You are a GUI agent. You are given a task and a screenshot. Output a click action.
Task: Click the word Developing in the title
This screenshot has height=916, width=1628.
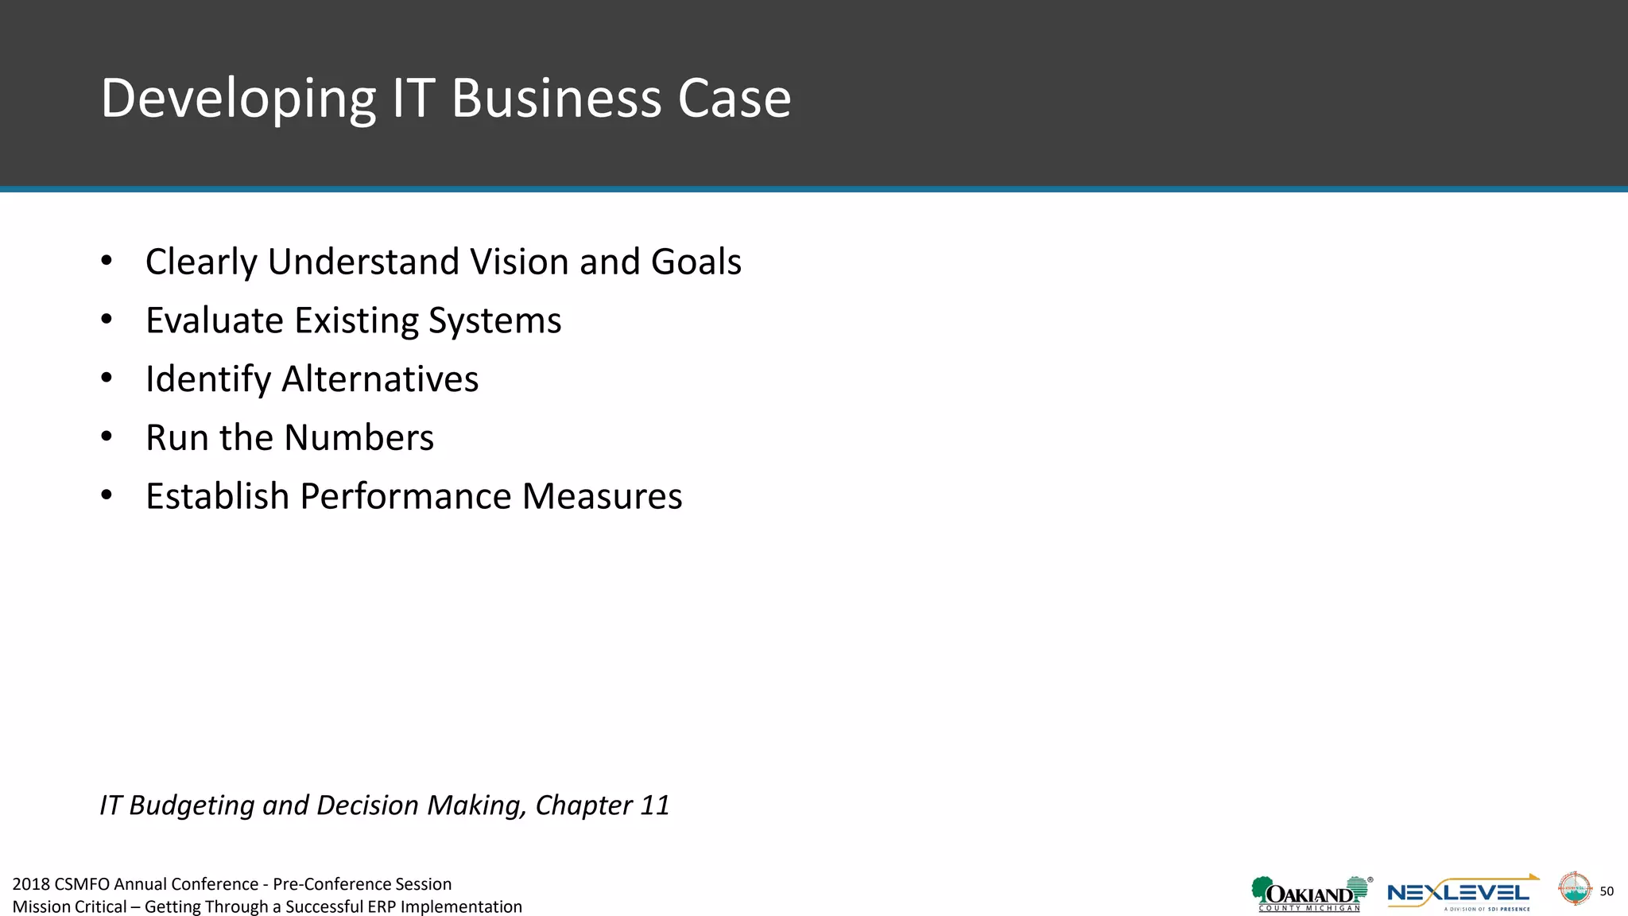point(238,99)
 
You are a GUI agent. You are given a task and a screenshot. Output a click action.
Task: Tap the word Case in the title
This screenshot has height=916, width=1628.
point(734,99)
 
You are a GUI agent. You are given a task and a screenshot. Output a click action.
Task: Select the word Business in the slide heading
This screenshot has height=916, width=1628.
point(556,99)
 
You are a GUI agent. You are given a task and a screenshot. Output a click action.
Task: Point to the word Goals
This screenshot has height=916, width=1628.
point(696,262)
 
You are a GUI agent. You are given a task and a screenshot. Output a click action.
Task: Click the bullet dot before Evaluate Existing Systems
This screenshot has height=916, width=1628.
point(107,320)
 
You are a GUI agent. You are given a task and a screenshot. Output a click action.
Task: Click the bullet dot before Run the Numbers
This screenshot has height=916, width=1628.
point(107,437)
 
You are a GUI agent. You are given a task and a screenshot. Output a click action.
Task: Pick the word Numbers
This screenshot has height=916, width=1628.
point(359,437)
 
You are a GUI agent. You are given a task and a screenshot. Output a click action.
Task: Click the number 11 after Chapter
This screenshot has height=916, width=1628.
point(654,805)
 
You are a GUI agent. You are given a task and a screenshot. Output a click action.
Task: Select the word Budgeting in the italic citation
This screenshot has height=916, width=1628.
point(192,805)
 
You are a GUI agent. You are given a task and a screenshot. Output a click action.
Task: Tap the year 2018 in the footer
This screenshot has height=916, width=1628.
point(31,884)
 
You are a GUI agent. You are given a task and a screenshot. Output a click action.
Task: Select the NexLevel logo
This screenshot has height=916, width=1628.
point(1461,894)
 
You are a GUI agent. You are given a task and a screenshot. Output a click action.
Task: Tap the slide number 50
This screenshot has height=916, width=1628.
point(1607,891)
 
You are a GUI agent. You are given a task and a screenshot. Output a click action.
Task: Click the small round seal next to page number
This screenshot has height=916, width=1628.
point(1574,889)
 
